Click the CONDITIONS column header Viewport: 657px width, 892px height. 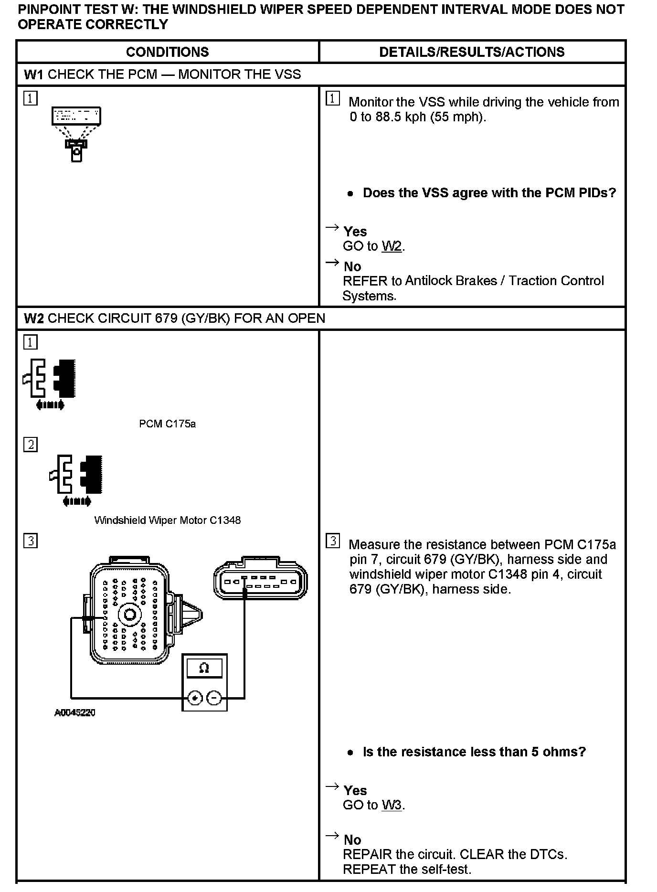point(167,52)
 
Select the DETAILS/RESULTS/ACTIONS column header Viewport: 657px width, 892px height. point(472,52)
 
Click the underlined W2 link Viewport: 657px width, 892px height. point(392,246)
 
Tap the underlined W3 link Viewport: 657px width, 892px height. point(392,805)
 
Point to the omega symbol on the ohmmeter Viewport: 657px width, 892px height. point(204,668)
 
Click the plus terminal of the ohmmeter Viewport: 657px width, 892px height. point(195,698)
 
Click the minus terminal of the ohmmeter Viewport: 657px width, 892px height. point(214,698)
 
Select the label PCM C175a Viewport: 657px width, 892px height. point(167,424)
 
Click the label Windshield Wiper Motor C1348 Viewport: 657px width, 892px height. point(167,520)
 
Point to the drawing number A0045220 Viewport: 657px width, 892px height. point(75,713)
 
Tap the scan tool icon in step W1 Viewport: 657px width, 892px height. point(76,134)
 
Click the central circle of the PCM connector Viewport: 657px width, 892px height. point(129,614)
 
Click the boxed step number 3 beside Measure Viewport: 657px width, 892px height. point(333,541)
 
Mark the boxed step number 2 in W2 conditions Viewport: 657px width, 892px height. point(31,445)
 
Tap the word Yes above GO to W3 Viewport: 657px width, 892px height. point(355,790)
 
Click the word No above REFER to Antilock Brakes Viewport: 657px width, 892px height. point(352,266)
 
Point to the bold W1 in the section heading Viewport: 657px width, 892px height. point(33,74)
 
